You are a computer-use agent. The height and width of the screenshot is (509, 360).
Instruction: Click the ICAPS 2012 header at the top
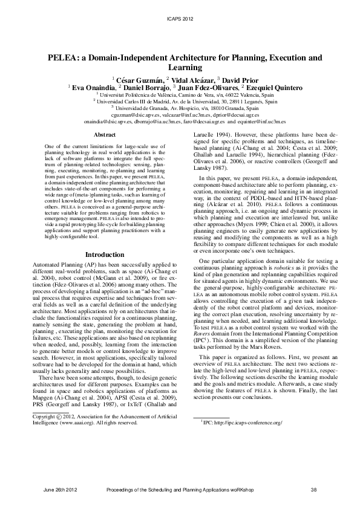(x=179, y=19)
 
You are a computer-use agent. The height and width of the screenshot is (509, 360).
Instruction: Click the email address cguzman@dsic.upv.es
(x=134, y=115)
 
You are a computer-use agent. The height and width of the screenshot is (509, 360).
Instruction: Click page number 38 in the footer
(x=313, y=488)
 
